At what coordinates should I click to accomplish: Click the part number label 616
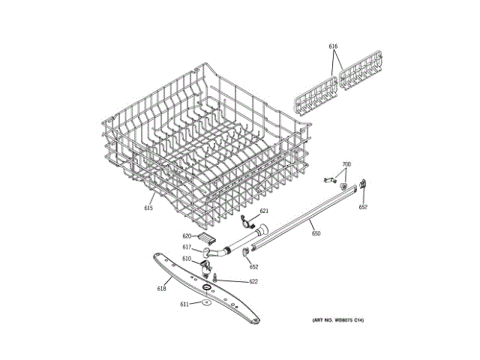(334, 46)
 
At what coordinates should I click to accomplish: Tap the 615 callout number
(148, 208)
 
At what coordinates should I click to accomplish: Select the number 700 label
(346, 164)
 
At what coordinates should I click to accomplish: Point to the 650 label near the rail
(316, 233)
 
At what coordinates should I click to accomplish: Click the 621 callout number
(263, 211)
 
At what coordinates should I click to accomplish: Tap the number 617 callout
(187, 247)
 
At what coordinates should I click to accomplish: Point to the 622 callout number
(253, 281)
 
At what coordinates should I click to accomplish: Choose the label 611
(184, 304)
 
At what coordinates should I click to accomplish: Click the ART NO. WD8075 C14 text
(337, 321)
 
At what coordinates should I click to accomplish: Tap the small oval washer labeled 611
(204, 304)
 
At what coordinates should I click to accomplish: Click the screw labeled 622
(217, 278)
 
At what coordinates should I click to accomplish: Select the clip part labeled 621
(245, 220)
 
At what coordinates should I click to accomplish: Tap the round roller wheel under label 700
(343, 184)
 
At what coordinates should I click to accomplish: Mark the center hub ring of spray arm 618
(204, 288)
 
